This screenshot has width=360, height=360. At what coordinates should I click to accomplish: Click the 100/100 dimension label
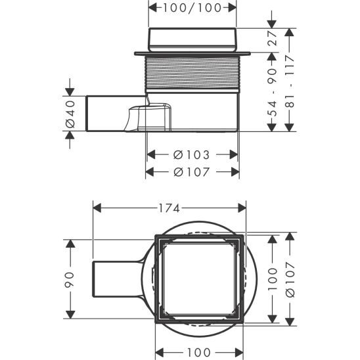click(x=191, y=8)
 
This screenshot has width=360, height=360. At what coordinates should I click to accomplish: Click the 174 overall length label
click(x=168, y=208)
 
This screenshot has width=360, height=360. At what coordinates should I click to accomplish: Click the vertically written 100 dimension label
click(x=271, y=277)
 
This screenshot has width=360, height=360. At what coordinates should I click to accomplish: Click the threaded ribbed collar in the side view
click(x=191, y=72)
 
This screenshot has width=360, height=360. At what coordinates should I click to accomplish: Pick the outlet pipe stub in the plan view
click(x=116, y=279)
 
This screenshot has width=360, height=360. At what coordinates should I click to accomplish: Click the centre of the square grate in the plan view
click(x=200, y=278)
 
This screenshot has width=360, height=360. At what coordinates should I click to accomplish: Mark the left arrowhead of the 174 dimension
click(x=96, y=208)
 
